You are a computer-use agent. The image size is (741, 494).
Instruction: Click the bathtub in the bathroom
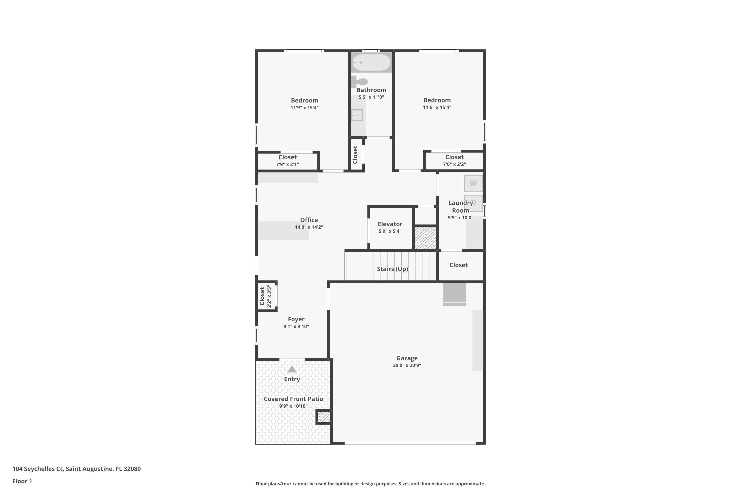pyautogui.click(x=371, y=62)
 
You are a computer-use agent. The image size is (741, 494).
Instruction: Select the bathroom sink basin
pyautogui.click(x=357, y=115)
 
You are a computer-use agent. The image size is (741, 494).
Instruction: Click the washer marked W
pyautogui.click(x=473, y=183)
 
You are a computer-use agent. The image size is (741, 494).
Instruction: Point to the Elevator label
pyautogui.click(x=390, y=224)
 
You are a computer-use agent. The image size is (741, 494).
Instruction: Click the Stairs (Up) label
pyautogui.click(x=392, y=269)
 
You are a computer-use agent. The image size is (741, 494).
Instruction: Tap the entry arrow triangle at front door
pyautogui.click(x=292, y=369)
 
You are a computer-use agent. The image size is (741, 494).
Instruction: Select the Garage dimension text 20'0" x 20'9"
pyautogui.click(x=407, y=366)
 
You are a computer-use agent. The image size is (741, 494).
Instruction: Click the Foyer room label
pyautogui.click(x=296, y=319)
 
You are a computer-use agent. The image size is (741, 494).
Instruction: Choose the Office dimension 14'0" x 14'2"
pyautogui.click(x=309, y=227)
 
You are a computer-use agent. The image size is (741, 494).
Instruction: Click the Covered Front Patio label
pyautogui.click(x=293, y=399)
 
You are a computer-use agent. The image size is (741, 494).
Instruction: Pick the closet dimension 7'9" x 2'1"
pyautogui.click(x=288, y=165)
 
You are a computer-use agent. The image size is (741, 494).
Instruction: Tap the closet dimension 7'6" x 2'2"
pyautogui.click(x=454, y=164)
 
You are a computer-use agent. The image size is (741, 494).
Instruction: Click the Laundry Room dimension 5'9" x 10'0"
pyautogui.click(x=461, y=218)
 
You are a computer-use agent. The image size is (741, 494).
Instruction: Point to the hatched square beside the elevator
pyautogui.click(x=425, y=238)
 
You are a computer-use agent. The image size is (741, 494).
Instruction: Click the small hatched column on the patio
pyautogui.click(x=324, y=417)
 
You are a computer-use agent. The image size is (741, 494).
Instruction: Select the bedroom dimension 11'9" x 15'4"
pyautogui.click(x=305, y=108)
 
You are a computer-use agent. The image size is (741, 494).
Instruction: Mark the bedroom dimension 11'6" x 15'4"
pyautogui.click(x=437, y=107)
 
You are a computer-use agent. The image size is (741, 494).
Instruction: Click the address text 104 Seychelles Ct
pyautogui.click(x=38, y=469)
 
